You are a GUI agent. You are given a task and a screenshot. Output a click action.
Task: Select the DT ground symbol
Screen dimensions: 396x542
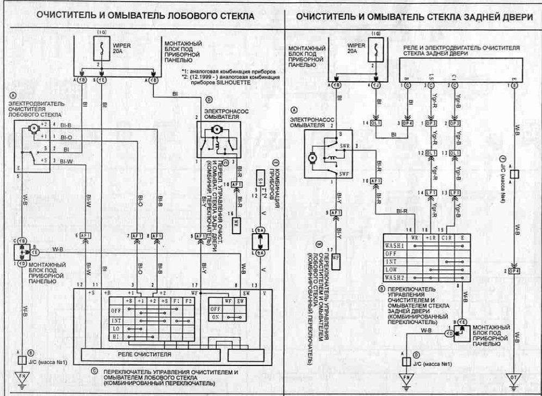pyautogui.click(x=513, y=377)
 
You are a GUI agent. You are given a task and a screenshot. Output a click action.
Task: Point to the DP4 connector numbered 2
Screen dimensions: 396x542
pyautogui.click(x=513, y=270)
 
